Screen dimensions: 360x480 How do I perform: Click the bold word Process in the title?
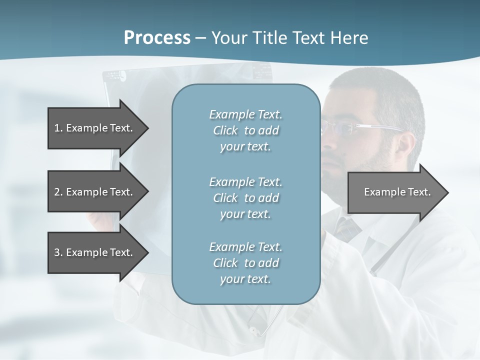click(157, 38)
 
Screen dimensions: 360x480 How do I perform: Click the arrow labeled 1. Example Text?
click(95, 128)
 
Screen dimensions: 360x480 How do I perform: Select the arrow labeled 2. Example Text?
click(95, 192)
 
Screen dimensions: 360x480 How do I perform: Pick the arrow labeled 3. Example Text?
click(95, 252)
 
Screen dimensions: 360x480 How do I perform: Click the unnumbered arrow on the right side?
click(395, 192)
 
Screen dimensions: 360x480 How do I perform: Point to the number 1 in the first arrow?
click(57, 128)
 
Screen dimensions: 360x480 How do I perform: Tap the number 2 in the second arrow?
click(57, 192)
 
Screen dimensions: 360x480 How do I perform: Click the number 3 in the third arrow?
click(57, 252)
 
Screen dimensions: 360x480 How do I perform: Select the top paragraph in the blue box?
click(245, 130)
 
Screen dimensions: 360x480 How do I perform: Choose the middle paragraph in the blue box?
click(245, 197)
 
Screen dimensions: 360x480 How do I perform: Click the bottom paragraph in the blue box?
click(245, 263)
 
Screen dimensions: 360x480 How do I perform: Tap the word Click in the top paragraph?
click(225, 130)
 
